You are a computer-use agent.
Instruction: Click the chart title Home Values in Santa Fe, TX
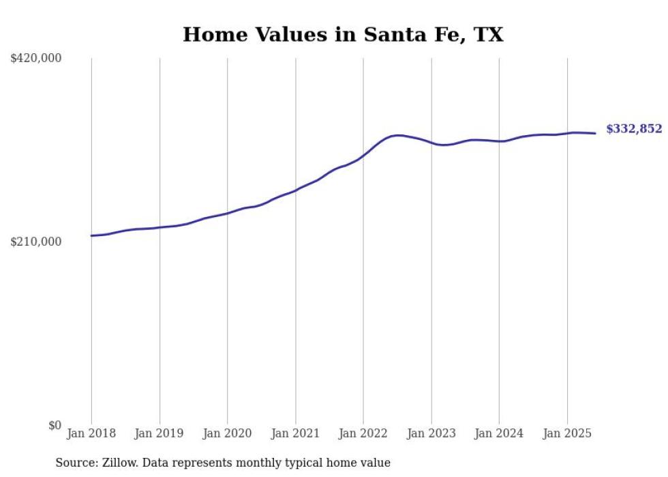[343, 34]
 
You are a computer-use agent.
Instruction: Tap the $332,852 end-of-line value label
[633, 129]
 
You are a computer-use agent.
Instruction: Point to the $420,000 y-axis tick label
[36, 59]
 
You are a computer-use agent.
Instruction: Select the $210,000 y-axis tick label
[36, 242]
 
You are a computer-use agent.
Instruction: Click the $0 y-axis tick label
[55, 425]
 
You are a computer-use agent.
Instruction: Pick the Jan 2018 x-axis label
[91, 433]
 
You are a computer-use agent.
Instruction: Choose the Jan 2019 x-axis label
[160, 433]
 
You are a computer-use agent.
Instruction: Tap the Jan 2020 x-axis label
[228, 433]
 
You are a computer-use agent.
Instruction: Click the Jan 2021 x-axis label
[295, 433]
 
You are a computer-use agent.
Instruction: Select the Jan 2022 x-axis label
[363, 433]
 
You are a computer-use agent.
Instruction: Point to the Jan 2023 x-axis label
[431, 433]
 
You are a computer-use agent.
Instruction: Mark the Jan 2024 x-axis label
[499, 433]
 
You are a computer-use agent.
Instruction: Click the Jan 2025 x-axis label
[567, 433]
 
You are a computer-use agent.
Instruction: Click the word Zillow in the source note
[121, 463]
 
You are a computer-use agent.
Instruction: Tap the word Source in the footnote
[75, 463]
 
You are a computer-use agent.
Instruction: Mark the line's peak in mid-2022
[397, 135]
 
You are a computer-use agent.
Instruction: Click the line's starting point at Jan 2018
[91, 235]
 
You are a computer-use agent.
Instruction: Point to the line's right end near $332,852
[596, 133]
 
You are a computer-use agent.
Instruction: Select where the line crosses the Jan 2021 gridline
[295, 190]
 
